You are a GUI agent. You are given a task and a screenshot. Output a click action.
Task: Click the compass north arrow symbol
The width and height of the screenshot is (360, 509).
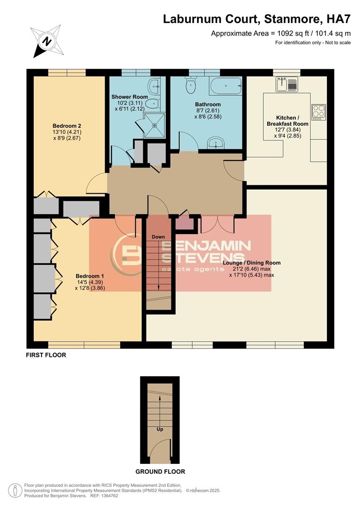(47, 41)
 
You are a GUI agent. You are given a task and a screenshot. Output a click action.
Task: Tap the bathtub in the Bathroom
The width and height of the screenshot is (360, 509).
(226, 86)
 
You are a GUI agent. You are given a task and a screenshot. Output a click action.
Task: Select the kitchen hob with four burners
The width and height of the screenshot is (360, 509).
(318, 112)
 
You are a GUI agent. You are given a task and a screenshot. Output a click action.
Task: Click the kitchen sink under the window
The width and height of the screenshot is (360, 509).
(287, 84)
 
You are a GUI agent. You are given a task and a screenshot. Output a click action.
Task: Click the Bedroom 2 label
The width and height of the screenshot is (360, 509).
(67, 126)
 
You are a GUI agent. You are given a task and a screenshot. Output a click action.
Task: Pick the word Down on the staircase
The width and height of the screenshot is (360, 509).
(158, 237)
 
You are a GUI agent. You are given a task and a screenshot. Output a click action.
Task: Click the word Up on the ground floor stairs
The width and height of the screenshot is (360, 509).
(160, 429)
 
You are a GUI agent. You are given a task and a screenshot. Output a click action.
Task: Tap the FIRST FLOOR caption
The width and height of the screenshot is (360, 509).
(46, 355)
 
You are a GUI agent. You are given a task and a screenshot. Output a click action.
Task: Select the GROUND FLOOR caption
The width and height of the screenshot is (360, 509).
(160, 471)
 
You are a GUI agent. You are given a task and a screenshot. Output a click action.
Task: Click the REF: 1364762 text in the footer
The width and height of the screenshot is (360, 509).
(103, 496)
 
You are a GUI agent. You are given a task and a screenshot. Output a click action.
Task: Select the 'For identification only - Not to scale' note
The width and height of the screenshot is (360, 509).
(313, 43)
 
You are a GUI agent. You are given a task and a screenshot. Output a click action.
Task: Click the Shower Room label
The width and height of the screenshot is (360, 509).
(130, 97)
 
